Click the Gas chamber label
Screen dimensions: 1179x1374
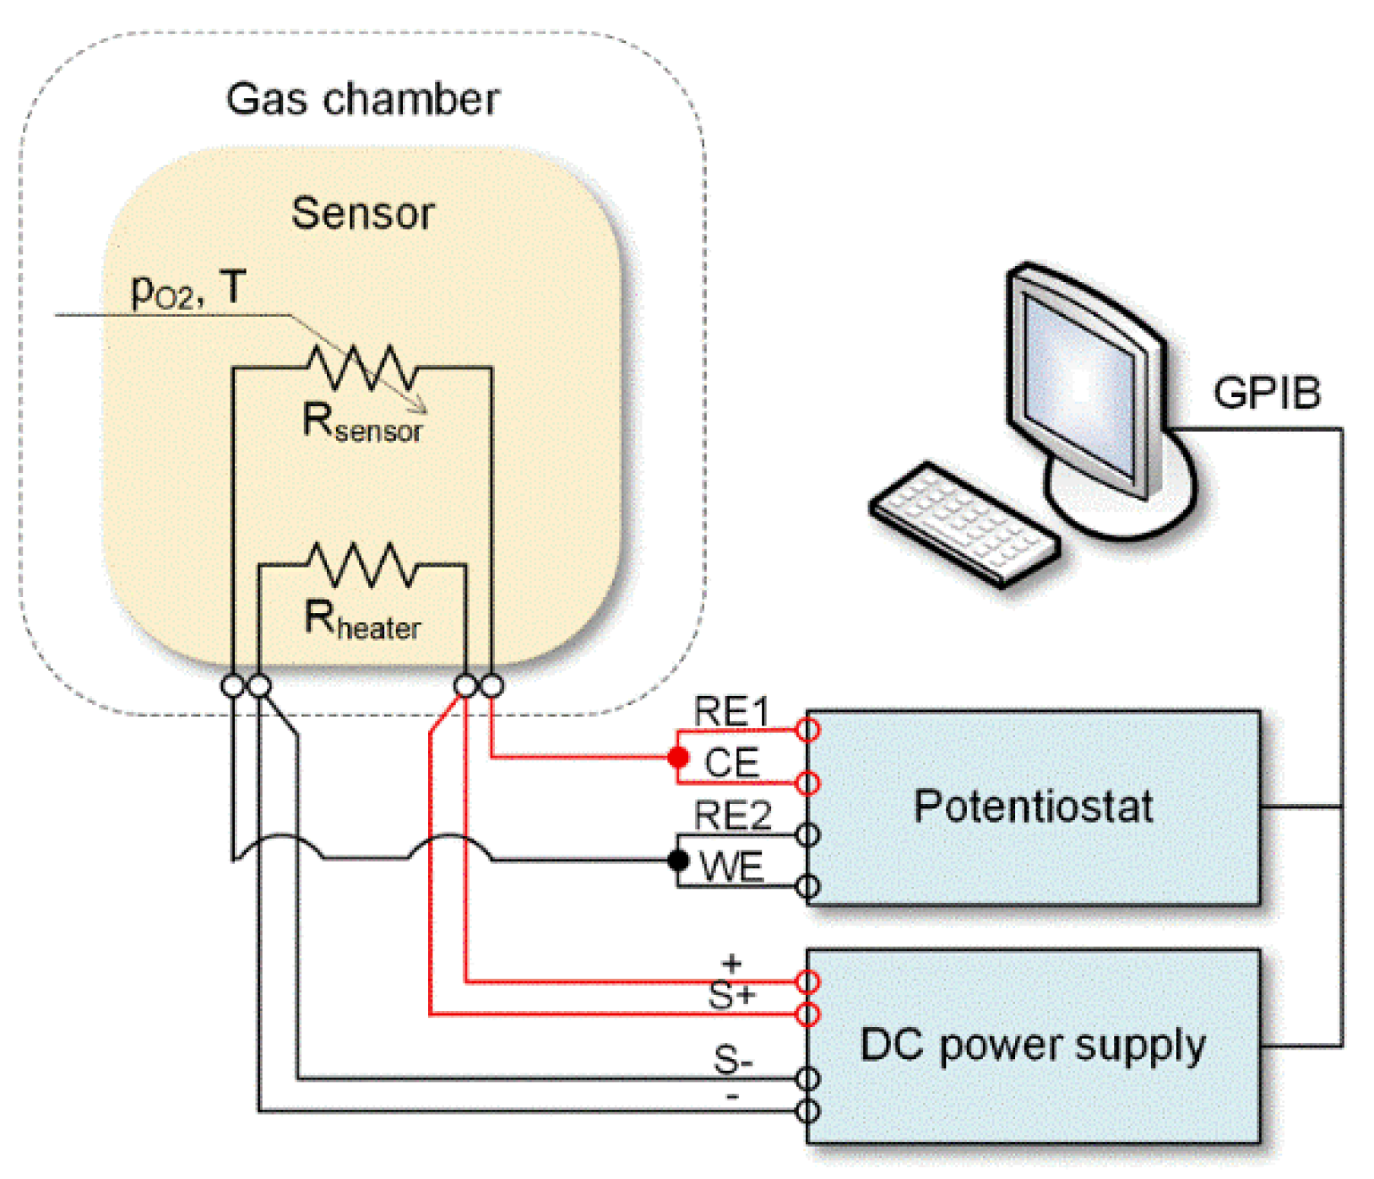[362, 99]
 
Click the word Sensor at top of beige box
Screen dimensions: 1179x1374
[362, 213]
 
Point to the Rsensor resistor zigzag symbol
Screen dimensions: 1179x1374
[361, 367]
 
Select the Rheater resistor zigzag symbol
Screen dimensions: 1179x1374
[361, 564]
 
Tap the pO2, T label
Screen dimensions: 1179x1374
[187, 290]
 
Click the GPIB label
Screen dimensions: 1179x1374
[1266, 393]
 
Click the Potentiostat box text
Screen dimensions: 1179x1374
[1033, 807]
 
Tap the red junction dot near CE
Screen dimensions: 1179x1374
[678, 758]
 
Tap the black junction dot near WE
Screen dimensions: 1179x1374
[678, 861]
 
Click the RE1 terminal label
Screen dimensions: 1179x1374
[731, 711]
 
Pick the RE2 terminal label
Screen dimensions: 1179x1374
[732, 816]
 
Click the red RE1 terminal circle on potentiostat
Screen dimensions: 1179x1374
[808, 730]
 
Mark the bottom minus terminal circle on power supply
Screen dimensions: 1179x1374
[808, 1111]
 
